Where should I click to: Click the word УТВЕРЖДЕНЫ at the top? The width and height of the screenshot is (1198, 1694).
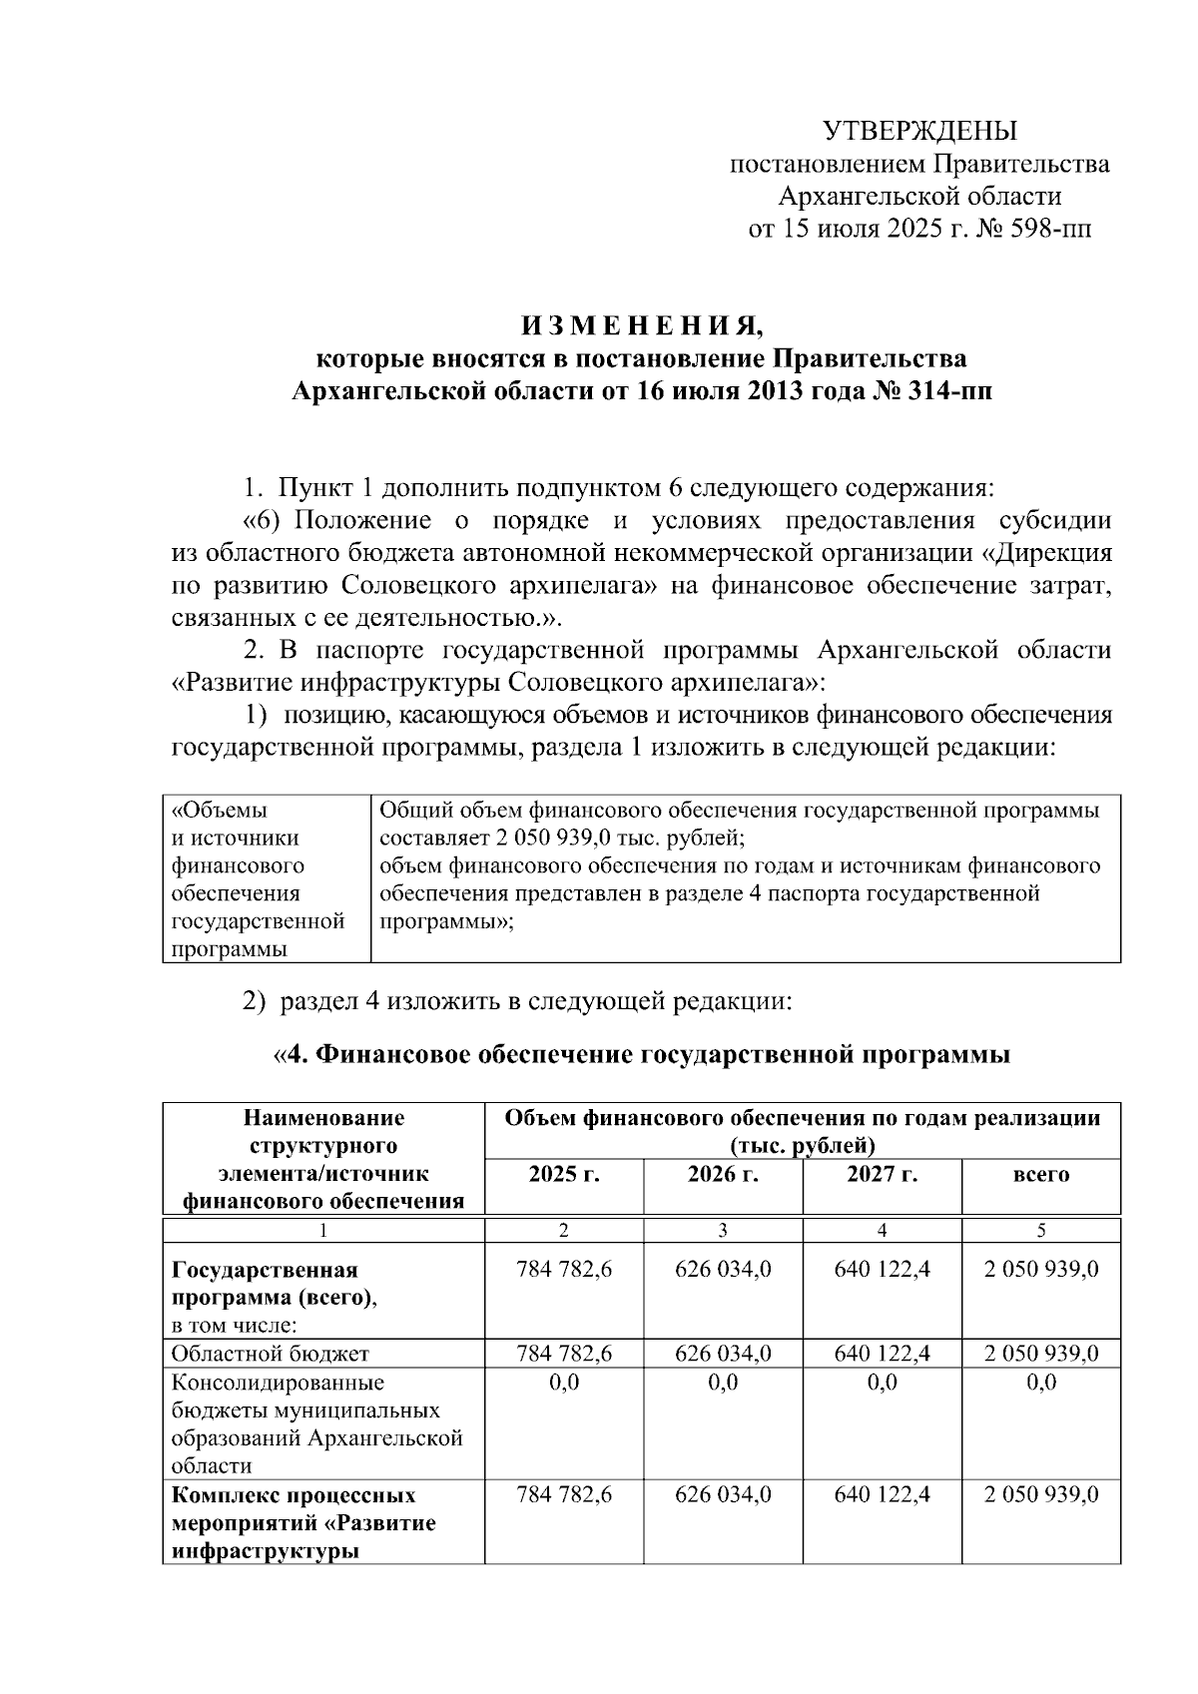point(919,131)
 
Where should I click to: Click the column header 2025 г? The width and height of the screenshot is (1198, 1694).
point(564,1174)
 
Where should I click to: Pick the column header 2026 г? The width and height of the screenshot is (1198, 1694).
point(723,1174)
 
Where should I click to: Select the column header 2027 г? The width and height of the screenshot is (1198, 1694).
point(882,1174)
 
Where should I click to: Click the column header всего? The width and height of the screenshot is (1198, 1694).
point(1041,1175)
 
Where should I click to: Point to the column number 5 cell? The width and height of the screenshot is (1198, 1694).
point(1041,1231)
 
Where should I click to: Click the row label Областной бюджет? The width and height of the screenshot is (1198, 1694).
point(271,1354)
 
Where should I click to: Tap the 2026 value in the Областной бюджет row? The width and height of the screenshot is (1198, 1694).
point(723,1354)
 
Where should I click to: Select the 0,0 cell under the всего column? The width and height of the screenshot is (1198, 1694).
point(1041,1383)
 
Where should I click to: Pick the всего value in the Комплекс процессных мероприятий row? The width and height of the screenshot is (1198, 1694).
point(1041,1495)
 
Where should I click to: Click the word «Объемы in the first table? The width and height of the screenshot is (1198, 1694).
point(220,811)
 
